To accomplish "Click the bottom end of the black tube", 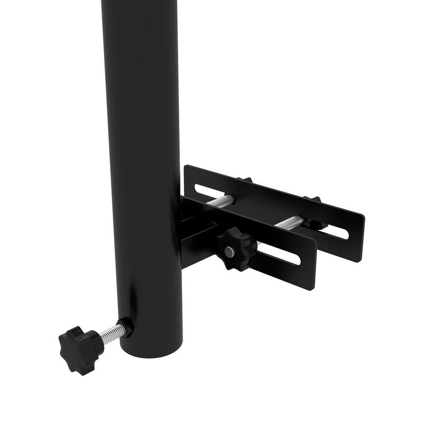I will click(x=151, y=348).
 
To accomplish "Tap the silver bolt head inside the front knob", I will click(x=230, y=252).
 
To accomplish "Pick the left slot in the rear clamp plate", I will click(x=214, y=190).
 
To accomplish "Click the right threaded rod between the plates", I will click(x=289, y=222).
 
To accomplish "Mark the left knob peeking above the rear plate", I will click(x=244, y=180).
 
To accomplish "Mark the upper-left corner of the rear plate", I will click(x=186, y=168).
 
